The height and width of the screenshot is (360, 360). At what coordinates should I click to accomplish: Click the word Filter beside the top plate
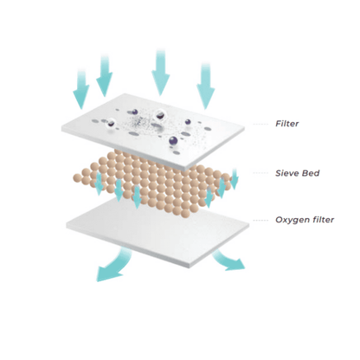[x=287, y=124]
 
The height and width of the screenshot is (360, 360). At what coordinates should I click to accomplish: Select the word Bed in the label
[x=311, y=173]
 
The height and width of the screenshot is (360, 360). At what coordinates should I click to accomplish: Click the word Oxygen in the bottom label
[x=292, y=220]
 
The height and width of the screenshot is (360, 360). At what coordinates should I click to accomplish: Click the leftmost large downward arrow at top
[x=81, y=89]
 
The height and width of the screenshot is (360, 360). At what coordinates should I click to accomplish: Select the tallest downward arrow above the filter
[x=160, y=72]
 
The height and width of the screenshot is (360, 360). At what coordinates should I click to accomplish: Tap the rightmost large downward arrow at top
[x=206, y=87]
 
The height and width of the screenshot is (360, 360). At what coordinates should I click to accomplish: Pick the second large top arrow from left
[x=104, y=75]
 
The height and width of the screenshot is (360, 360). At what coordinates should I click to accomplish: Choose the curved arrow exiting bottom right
[x=228, y=260]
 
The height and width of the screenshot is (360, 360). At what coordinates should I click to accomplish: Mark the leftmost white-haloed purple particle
[x=111, y=124]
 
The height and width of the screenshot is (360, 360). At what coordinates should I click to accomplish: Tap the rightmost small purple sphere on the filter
[x=188, y=122]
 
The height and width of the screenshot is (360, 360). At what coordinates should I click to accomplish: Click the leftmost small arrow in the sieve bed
[x=99, y=184]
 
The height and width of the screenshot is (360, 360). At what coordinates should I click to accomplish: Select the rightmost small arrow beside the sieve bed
[x=235, y=179]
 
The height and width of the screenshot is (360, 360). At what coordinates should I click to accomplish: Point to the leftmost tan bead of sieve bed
[x=77, y=177]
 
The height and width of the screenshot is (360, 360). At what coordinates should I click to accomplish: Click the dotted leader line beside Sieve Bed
[x=260, y=173]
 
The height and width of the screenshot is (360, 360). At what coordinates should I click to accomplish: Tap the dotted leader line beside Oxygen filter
[x=260, y=220]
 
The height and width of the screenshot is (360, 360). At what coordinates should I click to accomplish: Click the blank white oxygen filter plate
[x=157, y=232]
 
